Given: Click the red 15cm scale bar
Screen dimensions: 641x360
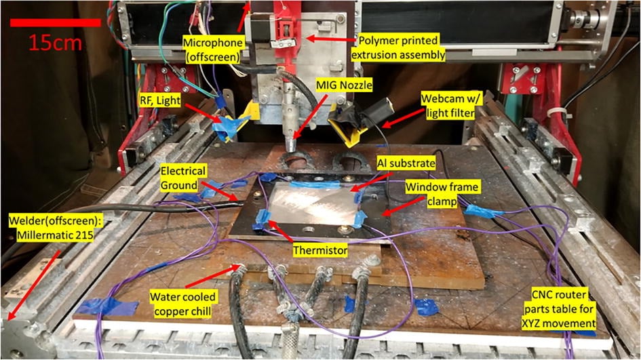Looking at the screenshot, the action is click(x=55, y=22).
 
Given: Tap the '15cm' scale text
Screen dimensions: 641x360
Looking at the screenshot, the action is click(x=55, y=43).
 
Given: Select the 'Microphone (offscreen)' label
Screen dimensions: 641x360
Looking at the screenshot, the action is click(x=213, y=49).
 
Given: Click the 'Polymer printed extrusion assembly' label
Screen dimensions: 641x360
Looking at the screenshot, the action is click(x=398, y=47).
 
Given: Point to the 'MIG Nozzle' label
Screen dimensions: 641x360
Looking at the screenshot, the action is click(x=344, y=85).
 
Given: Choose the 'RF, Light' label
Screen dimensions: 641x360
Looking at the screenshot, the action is click(x=160, y=100).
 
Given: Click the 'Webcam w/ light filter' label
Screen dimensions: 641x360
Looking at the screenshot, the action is click(x=451, y=106).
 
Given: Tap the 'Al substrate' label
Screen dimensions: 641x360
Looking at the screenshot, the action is click(x=406, y=163).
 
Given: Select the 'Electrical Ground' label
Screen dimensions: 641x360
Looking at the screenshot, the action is click(x=182, y=178).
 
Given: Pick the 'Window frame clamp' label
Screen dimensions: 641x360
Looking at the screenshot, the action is click(x=442, y=194).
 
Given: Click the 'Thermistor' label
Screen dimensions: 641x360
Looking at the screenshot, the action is click(x=320, y=250).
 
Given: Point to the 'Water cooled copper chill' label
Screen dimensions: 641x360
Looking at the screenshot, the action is click(x=182, y=304).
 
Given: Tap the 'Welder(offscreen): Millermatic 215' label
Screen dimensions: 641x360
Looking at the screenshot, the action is click(x=55, y=228).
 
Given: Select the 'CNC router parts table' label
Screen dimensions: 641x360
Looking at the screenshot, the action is click(x=559, y=309).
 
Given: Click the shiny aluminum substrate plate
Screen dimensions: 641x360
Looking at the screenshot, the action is click(x=313, y=203).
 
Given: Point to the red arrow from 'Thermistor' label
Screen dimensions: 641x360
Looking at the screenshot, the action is click(x=281, y=231).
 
